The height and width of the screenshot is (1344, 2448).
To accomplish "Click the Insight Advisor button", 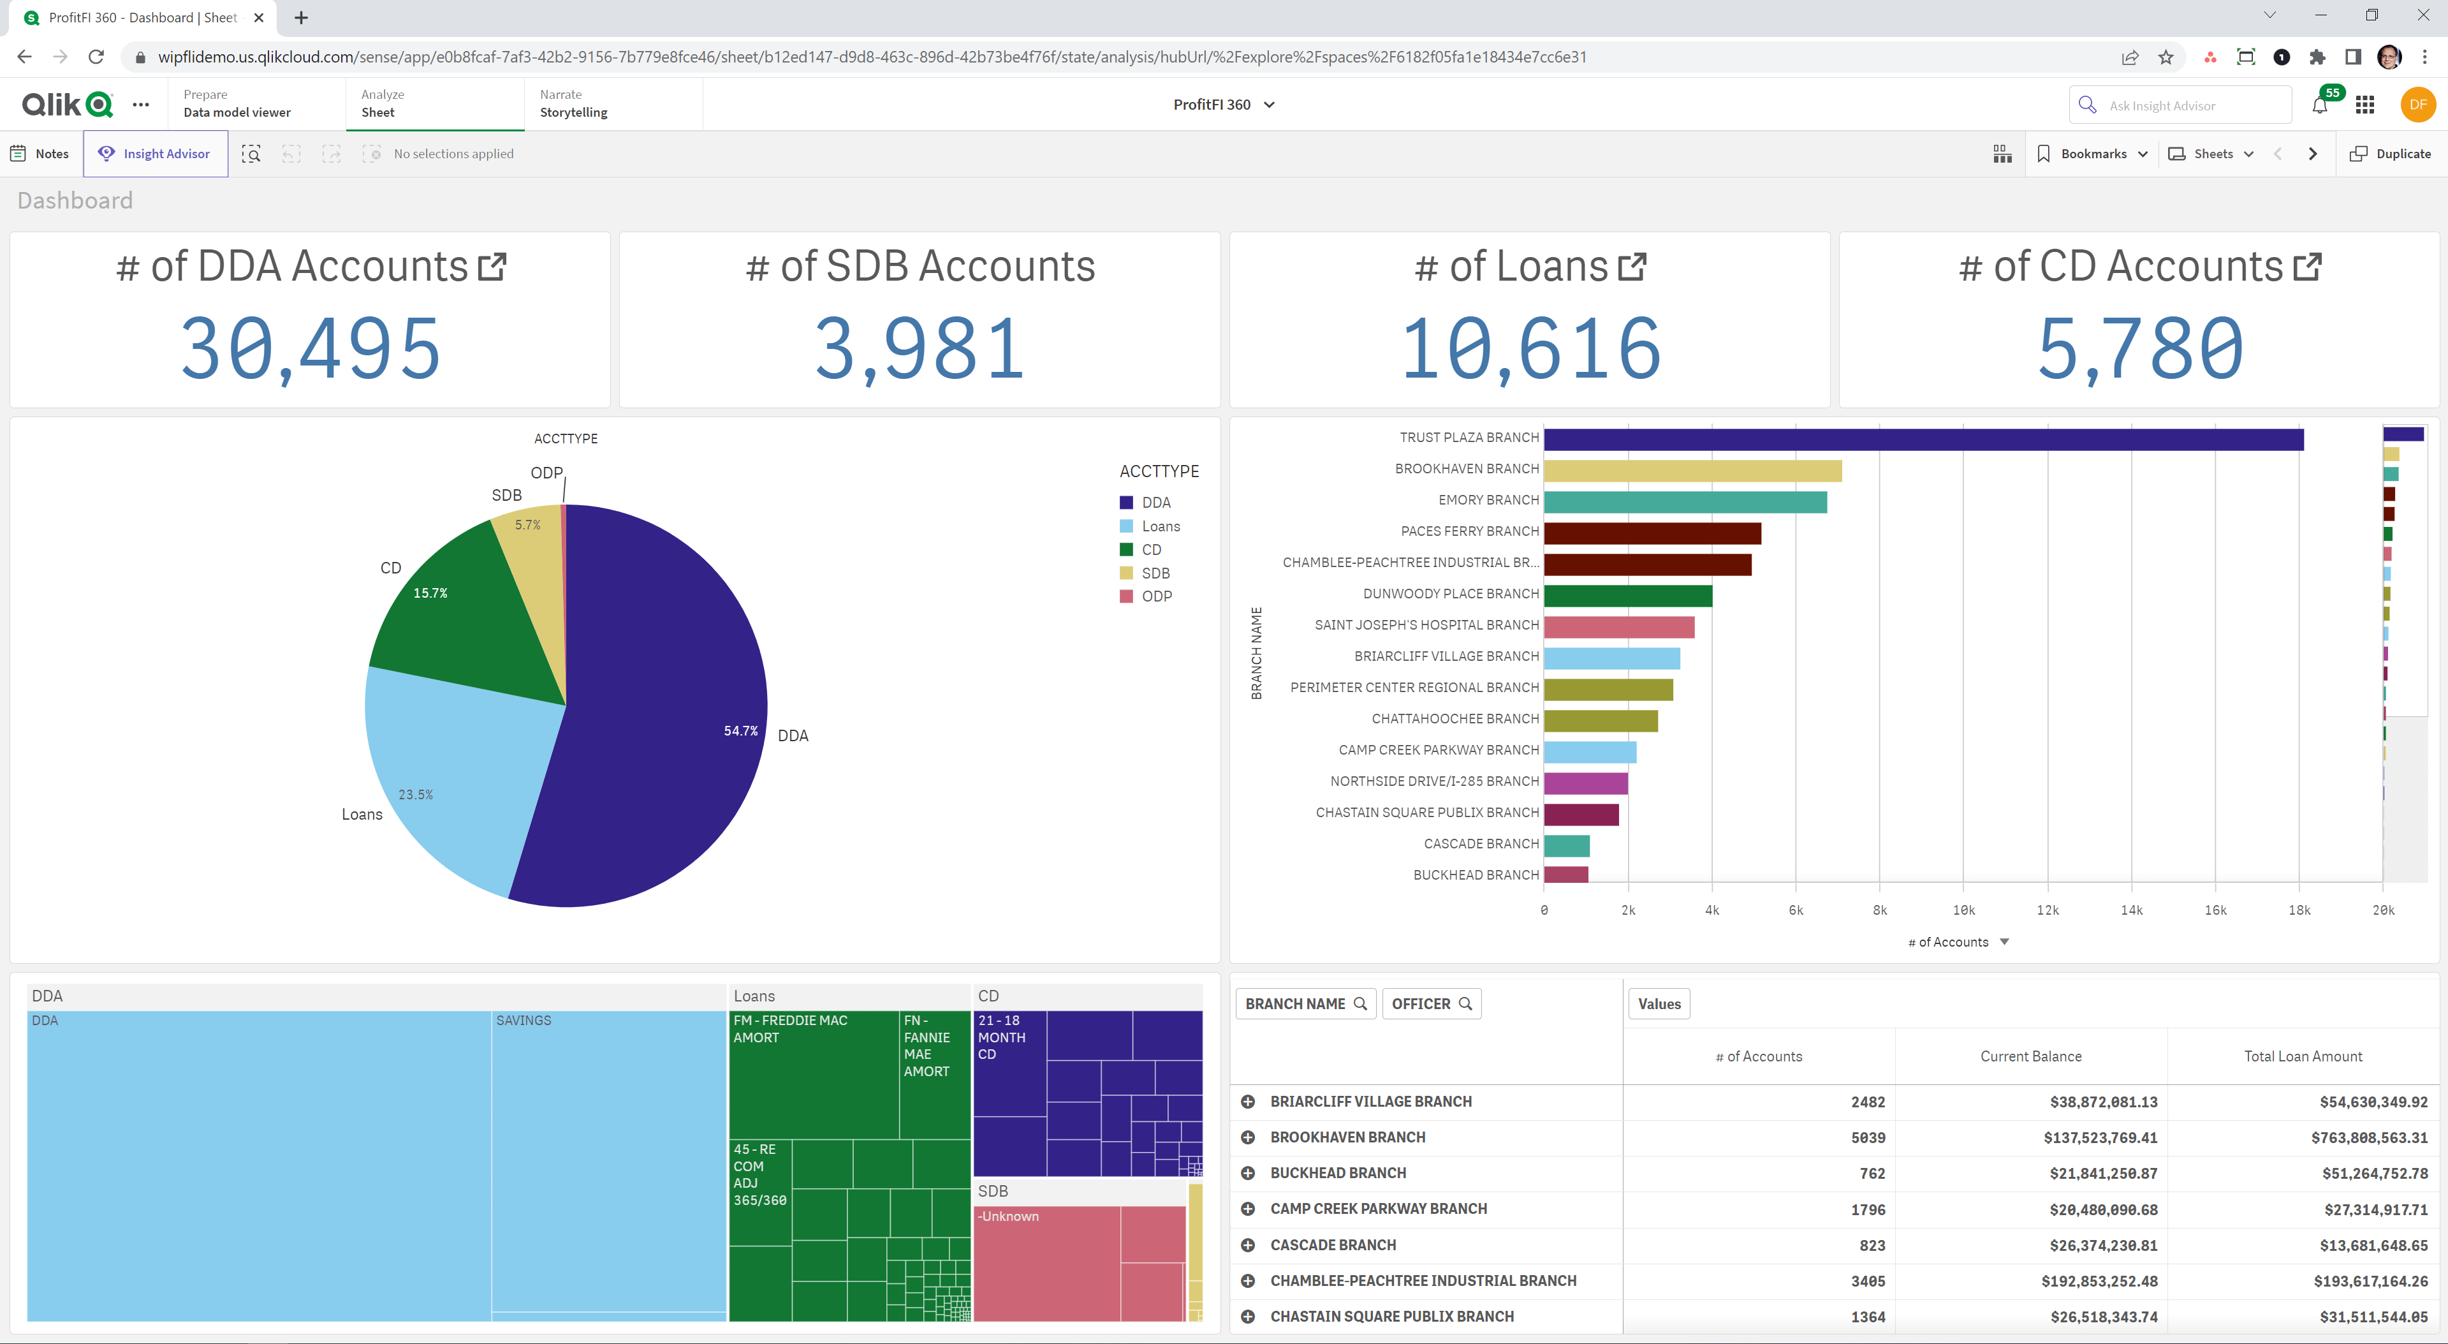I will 155,154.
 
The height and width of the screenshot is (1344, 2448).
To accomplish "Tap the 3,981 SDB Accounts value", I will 919,348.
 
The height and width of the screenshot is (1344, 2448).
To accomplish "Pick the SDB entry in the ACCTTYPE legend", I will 1155,573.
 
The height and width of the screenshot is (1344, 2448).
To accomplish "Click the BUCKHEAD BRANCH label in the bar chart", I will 1475,875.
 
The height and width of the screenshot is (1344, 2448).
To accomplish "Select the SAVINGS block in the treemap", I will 608,1160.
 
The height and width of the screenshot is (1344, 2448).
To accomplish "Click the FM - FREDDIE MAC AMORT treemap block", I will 812,1074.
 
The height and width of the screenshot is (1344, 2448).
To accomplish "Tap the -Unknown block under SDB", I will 1045,1264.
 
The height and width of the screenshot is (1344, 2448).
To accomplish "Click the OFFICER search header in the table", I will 1430,1004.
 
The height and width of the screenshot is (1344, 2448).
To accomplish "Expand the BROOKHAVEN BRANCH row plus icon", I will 1248,1138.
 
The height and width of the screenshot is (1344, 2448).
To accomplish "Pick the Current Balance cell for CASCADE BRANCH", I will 2102,1245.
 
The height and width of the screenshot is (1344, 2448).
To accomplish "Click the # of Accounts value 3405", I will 1866,1281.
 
